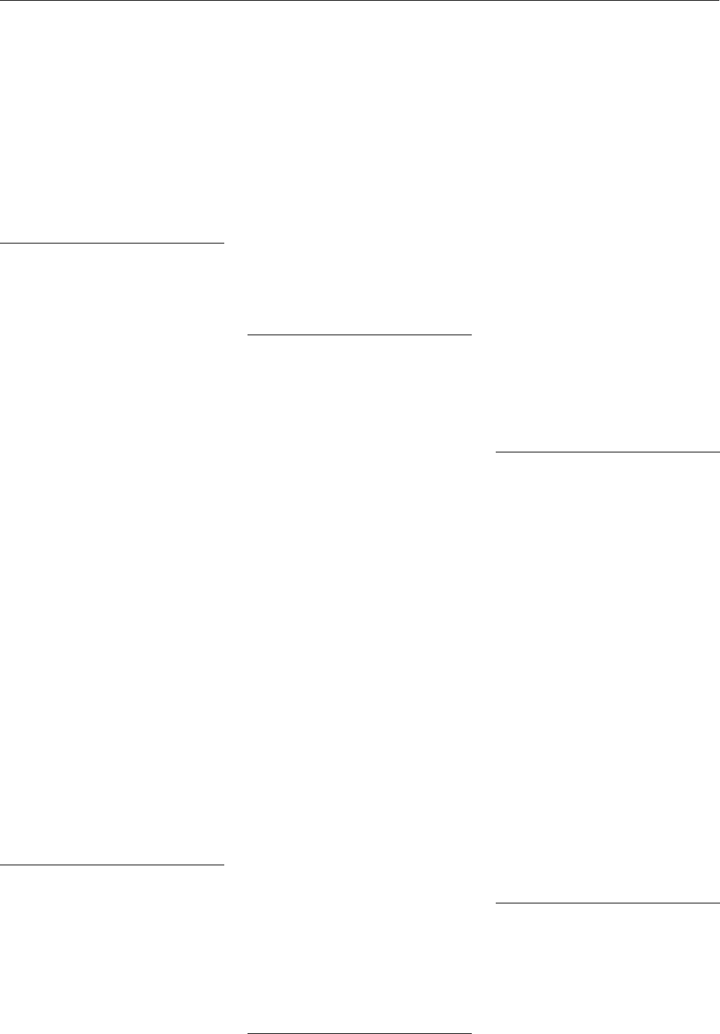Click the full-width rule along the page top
(360, 1)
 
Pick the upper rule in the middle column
(360, 335)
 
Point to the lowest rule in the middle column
(360, 1033)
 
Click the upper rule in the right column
(607, 451)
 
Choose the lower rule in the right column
(607, 903)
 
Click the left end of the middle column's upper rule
(249, 335)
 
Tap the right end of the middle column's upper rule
(470, 335)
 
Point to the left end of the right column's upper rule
(496, 451)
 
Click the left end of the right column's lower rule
(496, 903)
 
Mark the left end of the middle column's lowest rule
(249, 1033)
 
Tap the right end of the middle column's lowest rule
(470, 1033)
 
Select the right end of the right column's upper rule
(719, 451)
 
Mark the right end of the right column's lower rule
(719, 903)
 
